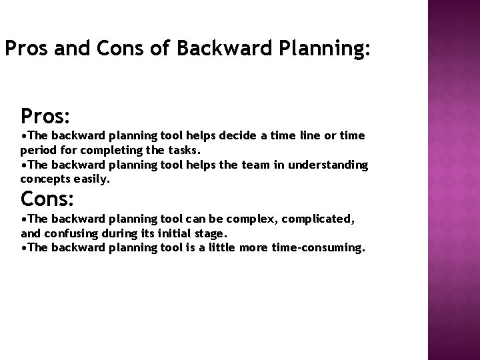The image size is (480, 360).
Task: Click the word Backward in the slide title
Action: click(219, 49)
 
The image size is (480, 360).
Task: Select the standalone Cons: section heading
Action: click(47, 199)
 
